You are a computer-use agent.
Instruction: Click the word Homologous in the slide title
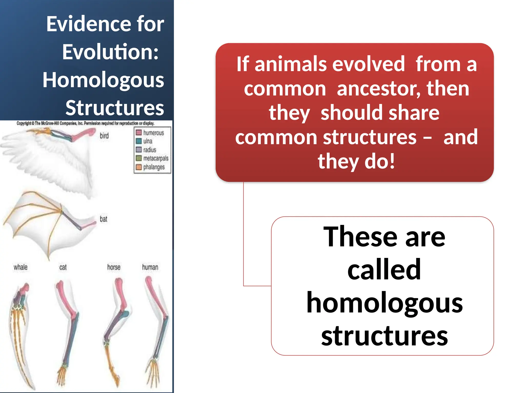tap(103, 80)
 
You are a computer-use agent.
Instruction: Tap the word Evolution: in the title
tap(110, 52)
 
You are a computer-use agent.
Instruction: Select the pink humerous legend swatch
tap(139, 133)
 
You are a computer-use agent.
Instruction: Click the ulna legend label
tap(148, 141)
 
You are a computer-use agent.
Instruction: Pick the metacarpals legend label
tap(156, 158)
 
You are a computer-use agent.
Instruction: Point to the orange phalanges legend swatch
tap(139, 167)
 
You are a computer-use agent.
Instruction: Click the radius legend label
tap(149, 150)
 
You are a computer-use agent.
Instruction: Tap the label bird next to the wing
tap(104, 136)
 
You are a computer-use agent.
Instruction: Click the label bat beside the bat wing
tap(103, 219)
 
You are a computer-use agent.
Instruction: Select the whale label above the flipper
tap(21, 267)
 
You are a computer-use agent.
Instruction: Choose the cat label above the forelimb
tap(63, 267)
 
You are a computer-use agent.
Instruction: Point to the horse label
tap(114, 267)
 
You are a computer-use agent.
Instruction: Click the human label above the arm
tap(150, 267)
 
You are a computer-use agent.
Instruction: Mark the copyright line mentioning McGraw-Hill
tap(85, 123)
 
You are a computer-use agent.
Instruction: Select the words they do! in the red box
tap(356, 161)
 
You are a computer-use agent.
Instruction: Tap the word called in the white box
tap(384, 269)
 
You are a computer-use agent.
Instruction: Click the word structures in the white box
tap(384, 336)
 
